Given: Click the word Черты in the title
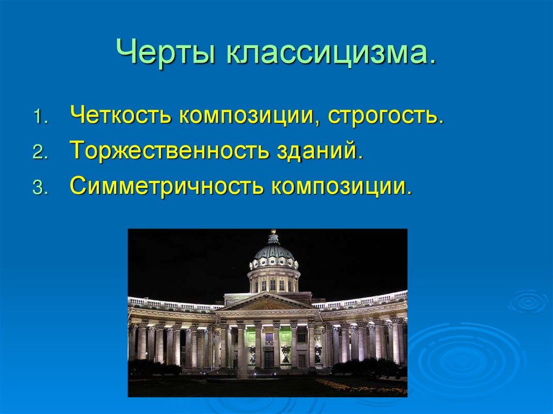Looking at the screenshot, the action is [165, 52].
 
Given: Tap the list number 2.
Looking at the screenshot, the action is [40, 152].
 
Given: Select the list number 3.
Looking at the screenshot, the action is [40, 188].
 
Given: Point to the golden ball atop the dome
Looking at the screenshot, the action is [273, 232].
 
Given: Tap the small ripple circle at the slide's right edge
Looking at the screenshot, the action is [528, 303].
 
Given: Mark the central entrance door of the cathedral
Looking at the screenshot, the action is [269, 358].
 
